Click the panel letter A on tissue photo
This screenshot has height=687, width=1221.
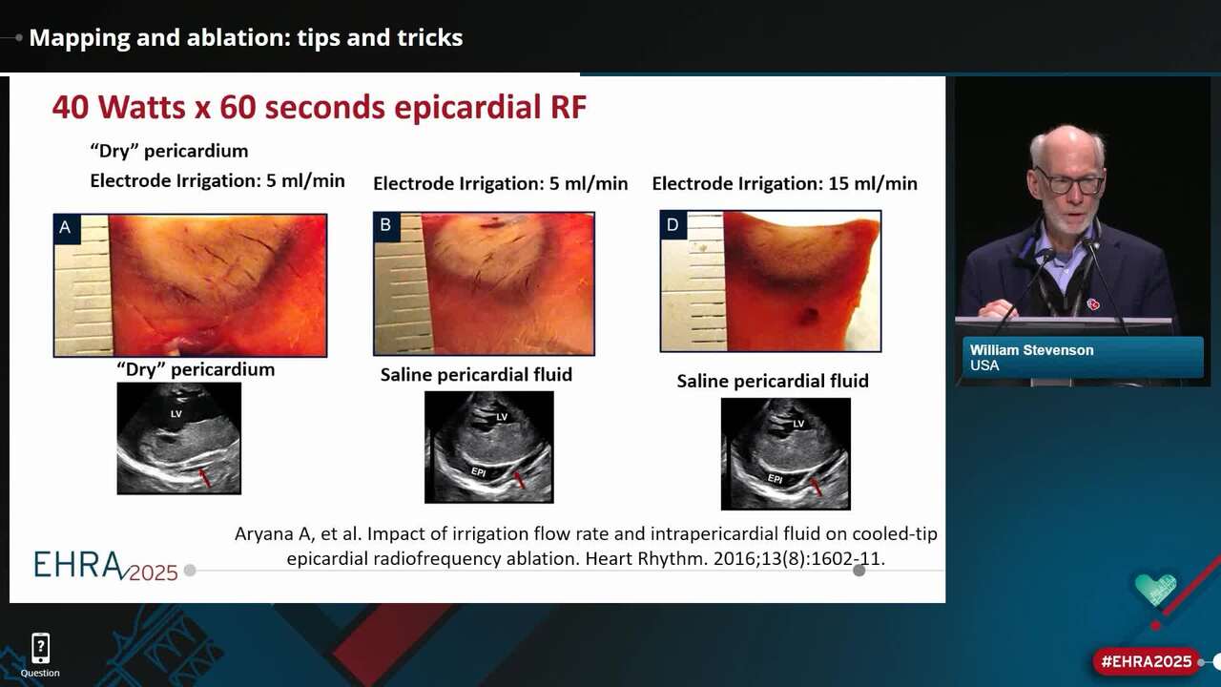(x=66, y=227)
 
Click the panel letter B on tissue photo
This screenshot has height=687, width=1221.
(x=386, y=226)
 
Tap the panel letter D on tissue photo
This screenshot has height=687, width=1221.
(x=673, y=225)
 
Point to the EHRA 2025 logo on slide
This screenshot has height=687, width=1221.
(x=105, y=565)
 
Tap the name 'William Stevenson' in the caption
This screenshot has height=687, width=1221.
(x=1031, y=350)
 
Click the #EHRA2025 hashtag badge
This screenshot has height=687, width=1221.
(x=1147, y=661)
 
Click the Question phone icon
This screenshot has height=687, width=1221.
(x=40, y=649)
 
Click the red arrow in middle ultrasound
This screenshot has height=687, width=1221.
(x=518, y=480)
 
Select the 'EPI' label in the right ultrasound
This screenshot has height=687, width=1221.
(x=775, y=479)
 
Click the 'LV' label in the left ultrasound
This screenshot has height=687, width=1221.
(x=176, y=414)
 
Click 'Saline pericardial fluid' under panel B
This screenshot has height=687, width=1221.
(x=476, y=375)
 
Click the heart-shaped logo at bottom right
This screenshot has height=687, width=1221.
(x=1155, y=588)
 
